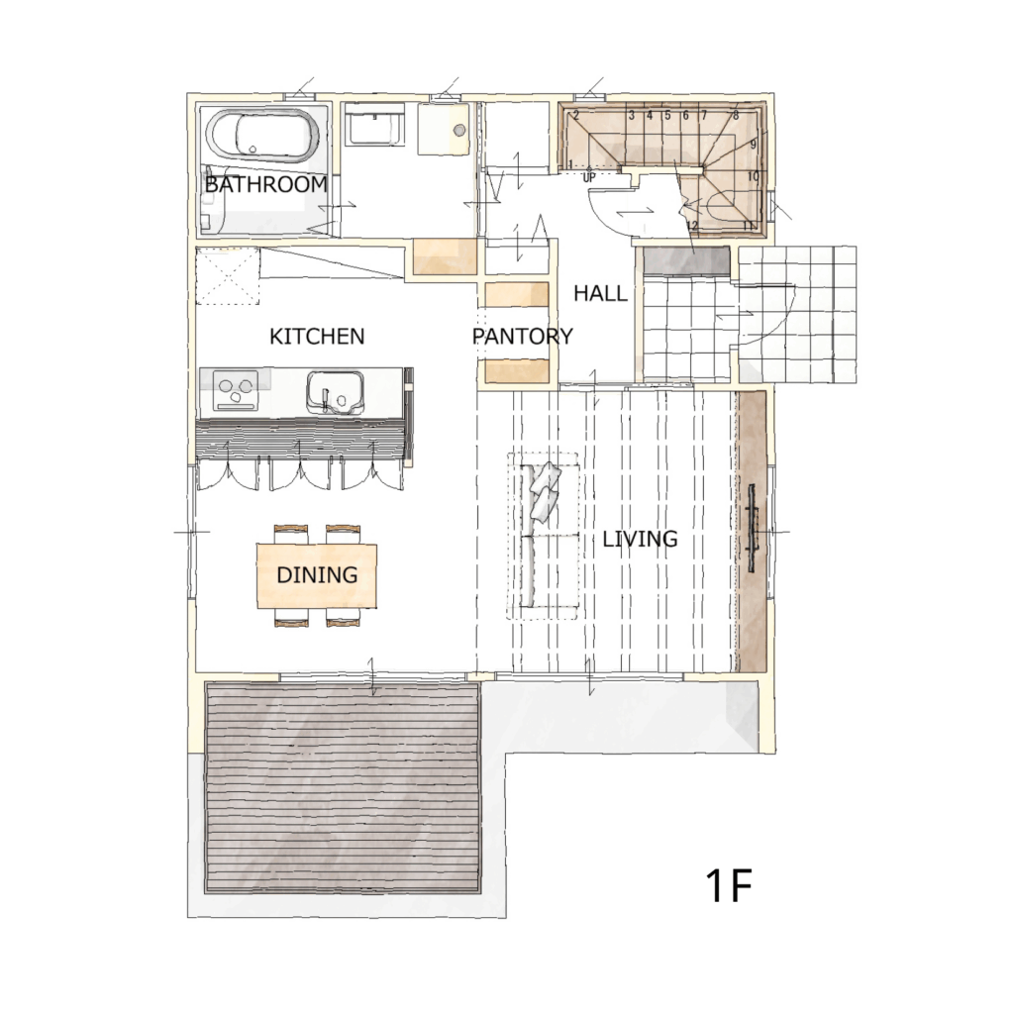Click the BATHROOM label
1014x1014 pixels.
click(x=265, y=184)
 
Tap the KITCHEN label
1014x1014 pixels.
click(x=317, y=337)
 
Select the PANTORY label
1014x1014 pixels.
click(x=523, y=337)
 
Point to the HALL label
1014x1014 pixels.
click(x=600, y=293)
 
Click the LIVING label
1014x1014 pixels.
click(x=641, y=539)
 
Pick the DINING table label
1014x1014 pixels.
click(x=317, y=575)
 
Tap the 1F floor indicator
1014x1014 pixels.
click(x=729, y=886)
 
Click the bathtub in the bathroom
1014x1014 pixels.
click(x=262, y=136)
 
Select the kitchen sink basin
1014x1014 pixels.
click(x=335, y=391)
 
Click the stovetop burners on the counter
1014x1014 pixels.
click(x=236, y=390)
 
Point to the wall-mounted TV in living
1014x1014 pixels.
click(x=753, y=529)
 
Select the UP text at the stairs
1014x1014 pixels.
click(x=588, y=177)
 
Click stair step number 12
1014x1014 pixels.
click(x=692, y=226)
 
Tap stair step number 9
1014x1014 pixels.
click(x=754, y=145)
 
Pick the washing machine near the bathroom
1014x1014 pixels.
click(x=373, y=124)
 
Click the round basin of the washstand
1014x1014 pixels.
click(x=459, y=130)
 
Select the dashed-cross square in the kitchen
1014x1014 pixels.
click(x=228, y=275)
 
